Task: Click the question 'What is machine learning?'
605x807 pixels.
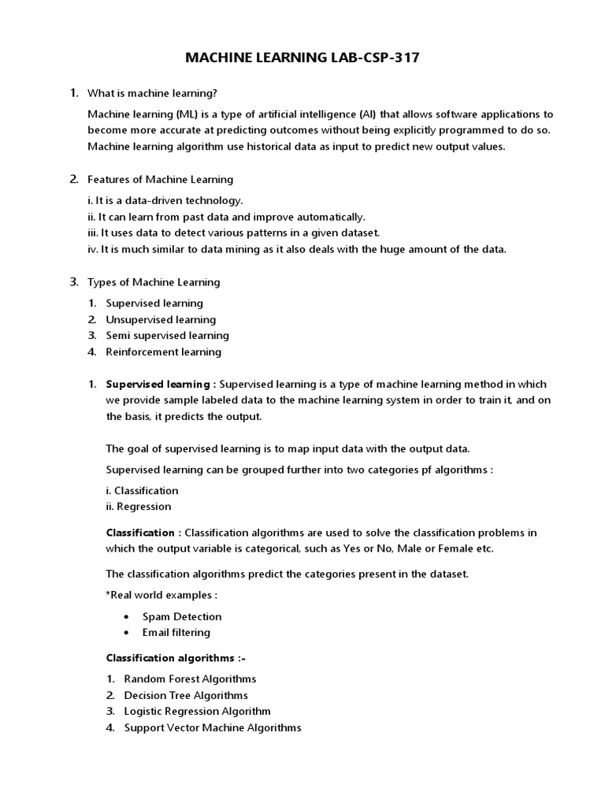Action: [153, 93]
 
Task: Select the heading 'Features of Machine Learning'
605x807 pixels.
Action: [160, 179]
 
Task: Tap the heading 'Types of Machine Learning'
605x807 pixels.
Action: [154, 281]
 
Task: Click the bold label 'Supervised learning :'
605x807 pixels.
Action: [161, 384]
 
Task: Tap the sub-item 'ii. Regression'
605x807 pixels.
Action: [138, 506]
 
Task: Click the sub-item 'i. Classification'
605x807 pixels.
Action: [142, 490]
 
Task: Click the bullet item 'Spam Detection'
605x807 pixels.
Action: [181, 616]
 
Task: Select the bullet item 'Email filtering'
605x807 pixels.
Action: [176, 632]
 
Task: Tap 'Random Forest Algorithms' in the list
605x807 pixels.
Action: [190, 679]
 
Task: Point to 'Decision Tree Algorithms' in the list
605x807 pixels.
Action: [186, 695]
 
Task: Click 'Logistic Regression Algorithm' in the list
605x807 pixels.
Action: [197, 711]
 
